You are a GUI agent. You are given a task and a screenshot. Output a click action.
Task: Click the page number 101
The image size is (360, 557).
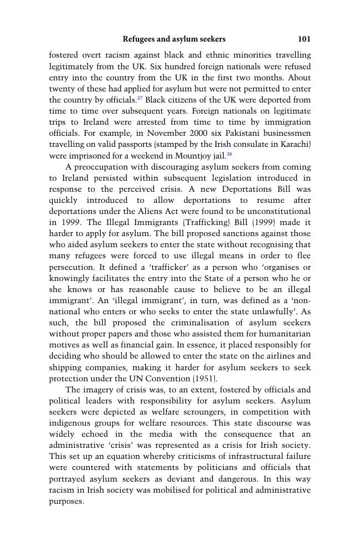point(304,39)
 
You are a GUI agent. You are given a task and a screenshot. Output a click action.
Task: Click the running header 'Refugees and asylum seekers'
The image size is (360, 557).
point(174,39)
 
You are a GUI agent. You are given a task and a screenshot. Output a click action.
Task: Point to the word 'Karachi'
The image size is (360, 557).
point(294,145)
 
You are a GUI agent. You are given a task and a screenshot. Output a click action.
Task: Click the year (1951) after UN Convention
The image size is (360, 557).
point(205,379)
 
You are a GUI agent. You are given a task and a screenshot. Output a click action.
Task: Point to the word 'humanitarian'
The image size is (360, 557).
point(285,334)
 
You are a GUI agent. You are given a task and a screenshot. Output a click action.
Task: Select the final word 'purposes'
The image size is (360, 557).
point(65,502)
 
